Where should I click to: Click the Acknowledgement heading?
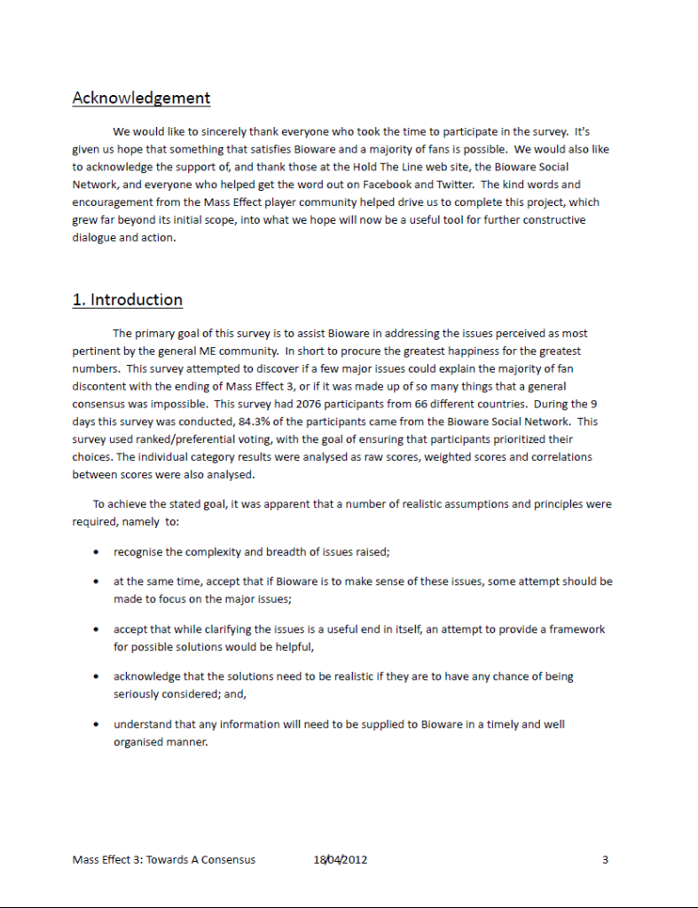pos(141,98)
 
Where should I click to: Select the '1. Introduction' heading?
pos(128,299)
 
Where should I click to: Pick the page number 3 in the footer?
pos(605,859)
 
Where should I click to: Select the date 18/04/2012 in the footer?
pos(341,859)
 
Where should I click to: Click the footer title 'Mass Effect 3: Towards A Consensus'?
pos(164,859)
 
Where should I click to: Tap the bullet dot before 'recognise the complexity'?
pos(96,552)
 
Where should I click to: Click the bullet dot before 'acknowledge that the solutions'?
pos(96,676)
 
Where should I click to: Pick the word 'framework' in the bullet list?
pos(577,628)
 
